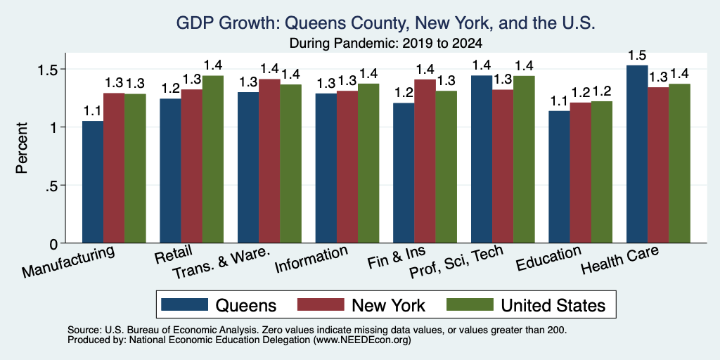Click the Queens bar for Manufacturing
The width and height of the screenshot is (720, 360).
click(x=93, y=182)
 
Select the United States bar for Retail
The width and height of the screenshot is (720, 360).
click(x=213, y=160)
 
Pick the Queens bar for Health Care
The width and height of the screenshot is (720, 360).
click(x=637, y=154)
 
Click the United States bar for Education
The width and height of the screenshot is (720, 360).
click(x=602, y=172)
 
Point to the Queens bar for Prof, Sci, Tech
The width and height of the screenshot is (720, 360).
click(x=482, y=160)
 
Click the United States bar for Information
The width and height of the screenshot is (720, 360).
click(x=368, y=163)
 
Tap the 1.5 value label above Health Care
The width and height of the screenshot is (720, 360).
click(x=637, y=56)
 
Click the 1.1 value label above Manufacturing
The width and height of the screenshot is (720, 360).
click(x=93, y=111)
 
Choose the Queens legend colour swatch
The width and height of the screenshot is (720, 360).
click(x=185, y=304)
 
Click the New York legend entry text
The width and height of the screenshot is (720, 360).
click(x=388, y=305)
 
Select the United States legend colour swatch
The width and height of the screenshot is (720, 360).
click(x=470, y=304)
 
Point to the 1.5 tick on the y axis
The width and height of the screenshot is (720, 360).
click(x=63, y=69)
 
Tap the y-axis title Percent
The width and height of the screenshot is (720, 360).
click(x=22, y=148)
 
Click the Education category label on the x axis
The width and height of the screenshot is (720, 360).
click(x=549, y=259)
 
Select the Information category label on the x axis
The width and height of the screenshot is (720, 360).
click(x=311, y=260)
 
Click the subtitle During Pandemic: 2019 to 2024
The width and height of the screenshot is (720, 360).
click(x=386, y=44)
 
